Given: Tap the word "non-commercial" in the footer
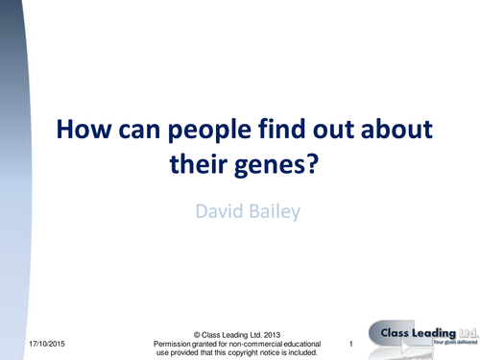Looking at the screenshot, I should pos(262,343).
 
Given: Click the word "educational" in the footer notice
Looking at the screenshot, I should pos(319,343).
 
